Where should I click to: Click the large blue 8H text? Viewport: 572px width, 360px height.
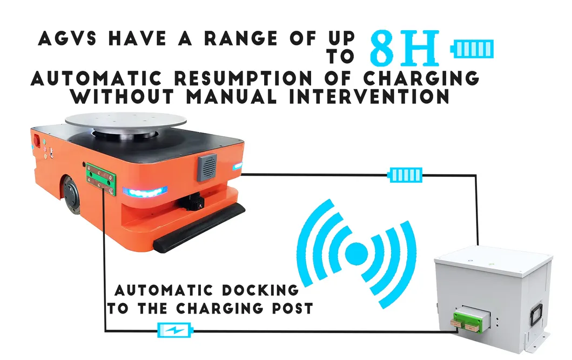pyautogui.click(x=405, y=47)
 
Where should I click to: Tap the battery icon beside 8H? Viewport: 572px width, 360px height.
pyautogui.click(x=472, y=49)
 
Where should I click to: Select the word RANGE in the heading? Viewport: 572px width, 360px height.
pyautogui.click(x=241, y=38)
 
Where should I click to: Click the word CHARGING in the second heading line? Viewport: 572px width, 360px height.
pyautogui.click(x=422, y=78)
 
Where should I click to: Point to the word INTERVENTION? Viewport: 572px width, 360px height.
pyautogui.click(x=369, y=96)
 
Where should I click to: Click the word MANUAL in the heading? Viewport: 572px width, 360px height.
pyautogui.click(x=232, y=96)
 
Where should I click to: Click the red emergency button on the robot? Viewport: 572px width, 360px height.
pyautogui.click(x=37, y=140)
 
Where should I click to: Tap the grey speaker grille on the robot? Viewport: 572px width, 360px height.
pyautogui.click(x=207, y=167)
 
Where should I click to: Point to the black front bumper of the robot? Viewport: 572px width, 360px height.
pyautogui.click(x=199, y=228)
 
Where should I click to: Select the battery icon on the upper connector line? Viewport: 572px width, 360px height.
pyautogui.click(x=405, y=175)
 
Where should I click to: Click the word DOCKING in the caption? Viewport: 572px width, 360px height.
pyautogui.click(x=260, y=291)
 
